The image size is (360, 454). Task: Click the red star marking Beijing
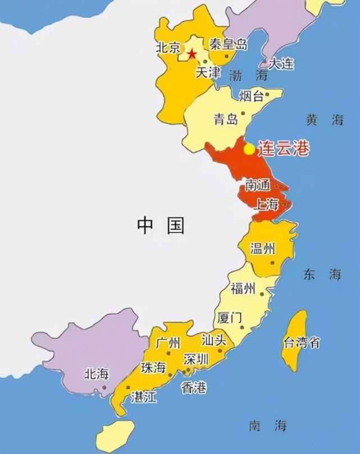click(192, 54)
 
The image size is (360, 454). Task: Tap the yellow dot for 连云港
click(249, 149)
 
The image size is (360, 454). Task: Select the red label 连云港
click(284, 150)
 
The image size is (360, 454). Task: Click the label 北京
click(168, 47)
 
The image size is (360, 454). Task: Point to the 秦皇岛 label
click(228, 44)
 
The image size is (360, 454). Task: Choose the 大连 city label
click(281, 63)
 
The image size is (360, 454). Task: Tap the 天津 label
click(208, 72)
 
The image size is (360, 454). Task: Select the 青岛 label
click(226, 119)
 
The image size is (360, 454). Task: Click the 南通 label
click(258, 185)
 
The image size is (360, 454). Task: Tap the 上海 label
click(266, 204)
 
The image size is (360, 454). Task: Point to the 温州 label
click(263, 249)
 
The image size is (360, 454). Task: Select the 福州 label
click(243, 289)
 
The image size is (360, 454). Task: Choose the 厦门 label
click(229, 318)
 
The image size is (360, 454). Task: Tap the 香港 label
click(194, 387)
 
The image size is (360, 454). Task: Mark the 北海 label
click(96, 374)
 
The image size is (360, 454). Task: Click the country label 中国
click(161, 226)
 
